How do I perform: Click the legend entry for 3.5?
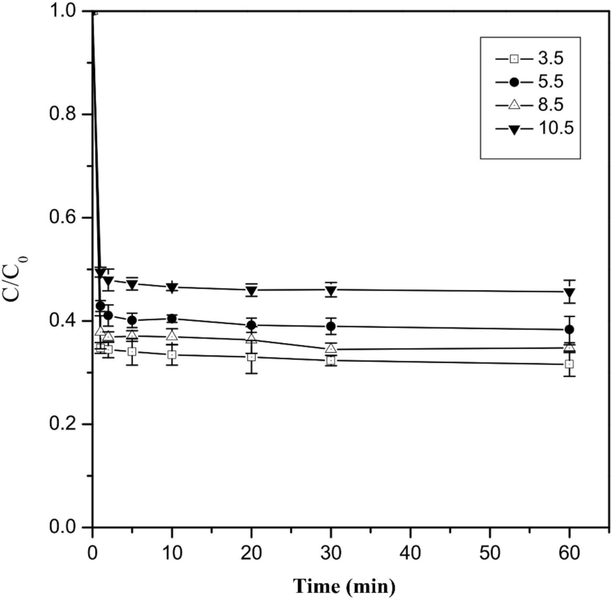click(x=531, y=59)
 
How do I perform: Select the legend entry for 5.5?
click(x=531, y=82)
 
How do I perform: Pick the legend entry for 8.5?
click(x=531, y=105)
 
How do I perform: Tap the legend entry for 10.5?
click(x=531, y=128)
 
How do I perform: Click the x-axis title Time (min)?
click(x=343, y=585)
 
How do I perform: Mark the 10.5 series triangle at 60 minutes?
click(x=570, y=293)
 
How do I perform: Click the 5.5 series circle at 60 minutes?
click(x=570, y=329)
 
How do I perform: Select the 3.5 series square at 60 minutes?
click(x=570, y=364)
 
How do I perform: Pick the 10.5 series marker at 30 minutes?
click(x=331, y=291)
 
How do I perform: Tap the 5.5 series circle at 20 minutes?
click(x=251, y=325)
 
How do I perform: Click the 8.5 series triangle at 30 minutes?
click(x=331, y=349)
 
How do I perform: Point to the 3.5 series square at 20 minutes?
click(x=251, y=357)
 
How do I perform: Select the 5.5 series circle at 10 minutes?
click(x=172, y=318)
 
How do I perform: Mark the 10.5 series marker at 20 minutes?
click(x=251, y=291)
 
